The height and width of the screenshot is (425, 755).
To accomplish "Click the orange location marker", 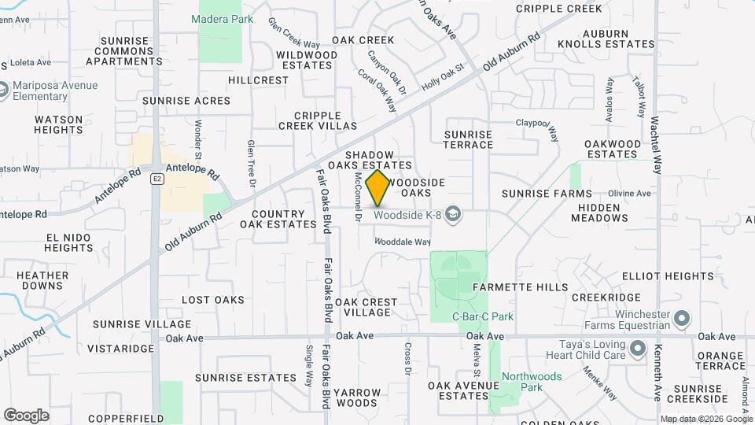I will [378, 187].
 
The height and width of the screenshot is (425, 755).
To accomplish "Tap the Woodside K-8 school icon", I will [452, 213].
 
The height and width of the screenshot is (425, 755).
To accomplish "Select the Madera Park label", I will [222, 18].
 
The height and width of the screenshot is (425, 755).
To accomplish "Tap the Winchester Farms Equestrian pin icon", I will [683, 319].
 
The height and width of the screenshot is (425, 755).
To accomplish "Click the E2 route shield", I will [157, 179].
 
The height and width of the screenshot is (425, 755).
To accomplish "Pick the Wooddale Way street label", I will [402, 242].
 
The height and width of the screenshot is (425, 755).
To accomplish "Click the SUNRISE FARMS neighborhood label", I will [547, 194].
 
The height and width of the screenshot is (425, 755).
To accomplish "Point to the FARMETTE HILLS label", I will [520, 288].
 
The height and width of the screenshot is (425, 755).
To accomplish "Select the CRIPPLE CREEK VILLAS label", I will [318, 120].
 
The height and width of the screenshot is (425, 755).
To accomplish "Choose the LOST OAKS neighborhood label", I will [213, 300].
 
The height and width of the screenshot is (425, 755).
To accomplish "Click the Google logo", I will [26, 415].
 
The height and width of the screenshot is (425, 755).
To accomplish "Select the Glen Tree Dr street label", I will [252, 164].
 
